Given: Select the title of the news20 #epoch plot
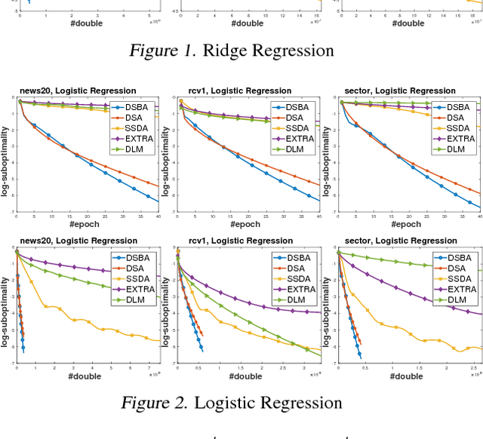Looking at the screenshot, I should (78, 91).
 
